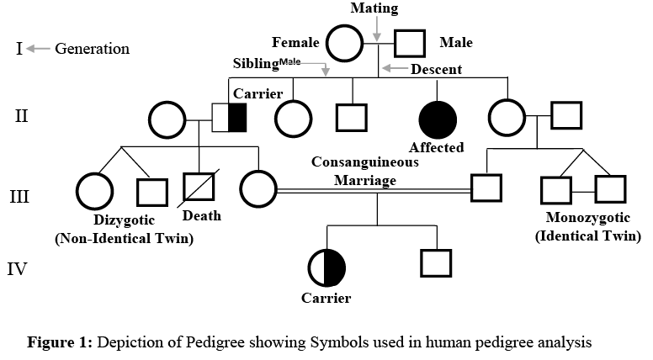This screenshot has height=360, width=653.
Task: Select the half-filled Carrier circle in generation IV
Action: coord(328,267)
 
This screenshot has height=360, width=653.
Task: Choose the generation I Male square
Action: coord(409,43)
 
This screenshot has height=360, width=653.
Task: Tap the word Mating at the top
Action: coord(374,8)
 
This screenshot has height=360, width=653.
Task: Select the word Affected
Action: coord(437,147)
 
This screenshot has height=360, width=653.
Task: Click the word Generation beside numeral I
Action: coord(93,49)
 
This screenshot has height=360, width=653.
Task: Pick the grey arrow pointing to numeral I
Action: coord(38,49)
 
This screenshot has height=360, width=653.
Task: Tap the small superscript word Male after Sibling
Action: coord(289,61)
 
